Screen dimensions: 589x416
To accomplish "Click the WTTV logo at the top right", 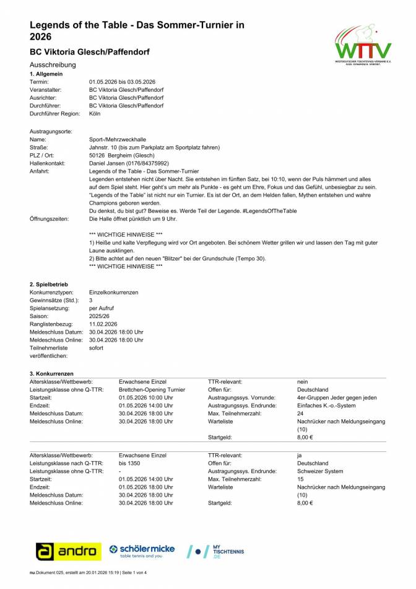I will [363, 44].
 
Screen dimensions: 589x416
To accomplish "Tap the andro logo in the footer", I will [69, 551].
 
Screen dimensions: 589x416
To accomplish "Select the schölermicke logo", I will [142, 551].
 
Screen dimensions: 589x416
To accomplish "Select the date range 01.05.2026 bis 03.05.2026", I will [122, 82].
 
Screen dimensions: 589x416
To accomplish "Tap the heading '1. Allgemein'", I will [45, 74].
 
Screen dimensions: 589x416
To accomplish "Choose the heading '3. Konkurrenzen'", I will [51, 374].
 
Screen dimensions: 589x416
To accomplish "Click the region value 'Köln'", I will [95, 114].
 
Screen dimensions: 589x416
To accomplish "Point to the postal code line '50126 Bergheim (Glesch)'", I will [120, 155].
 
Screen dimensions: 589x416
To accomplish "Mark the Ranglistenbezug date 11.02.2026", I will [103, 324].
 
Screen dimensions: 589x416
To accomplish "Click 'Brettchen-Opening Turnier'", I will [152, 390].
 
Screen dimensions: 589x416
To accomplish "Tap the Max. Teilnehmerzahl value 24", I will [300, 414].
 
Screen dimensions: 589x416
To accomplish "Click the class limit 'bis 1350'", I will [131, 463].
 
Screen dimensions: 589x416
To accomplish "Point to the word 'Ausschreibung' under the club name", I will [53, 64].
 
